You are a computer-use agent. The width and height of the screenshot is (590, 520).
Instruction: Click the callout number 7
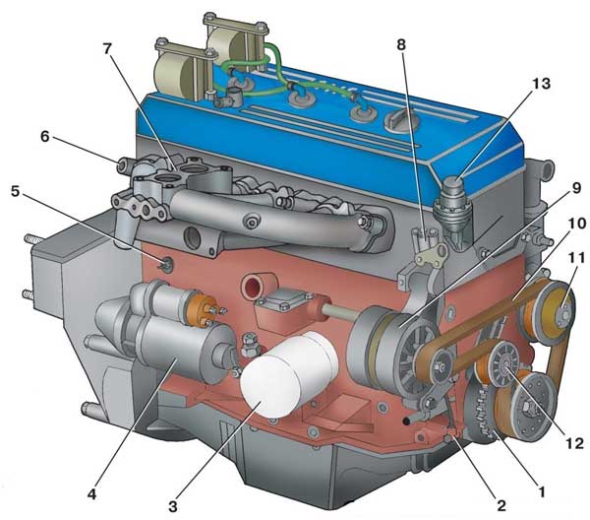107,50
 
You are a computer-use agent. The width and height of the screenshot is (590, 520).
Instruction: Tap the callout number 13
541,84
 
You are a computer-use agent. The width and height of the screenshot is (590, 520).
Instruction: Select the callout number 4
91,494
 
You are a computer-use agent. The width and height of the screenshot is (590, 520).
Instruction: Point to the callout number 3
172,506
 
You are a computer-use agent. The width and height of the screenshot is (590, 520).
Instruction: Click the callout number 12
574,443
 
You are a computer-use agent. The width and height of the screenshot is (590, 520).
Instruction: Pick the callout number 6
45,137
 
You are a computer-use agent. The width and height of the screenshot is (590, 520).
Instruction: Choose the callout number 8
401,45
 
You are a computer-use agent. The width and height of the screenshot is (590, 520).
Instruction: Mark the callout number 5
15,191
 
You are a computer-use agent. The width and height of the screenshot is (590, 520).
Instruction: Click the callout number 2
501,505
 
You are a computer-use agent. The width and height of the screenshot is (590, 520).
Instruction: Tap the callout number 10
577,224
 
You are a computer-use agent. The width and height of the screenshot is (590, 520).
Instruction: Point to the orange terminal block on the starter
203,308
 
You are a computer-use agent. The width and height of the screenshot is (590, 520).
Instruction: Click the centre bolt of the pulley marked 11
563,313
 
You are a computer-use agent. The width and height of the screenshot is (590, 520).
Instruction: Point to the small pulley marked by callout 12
505,364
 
